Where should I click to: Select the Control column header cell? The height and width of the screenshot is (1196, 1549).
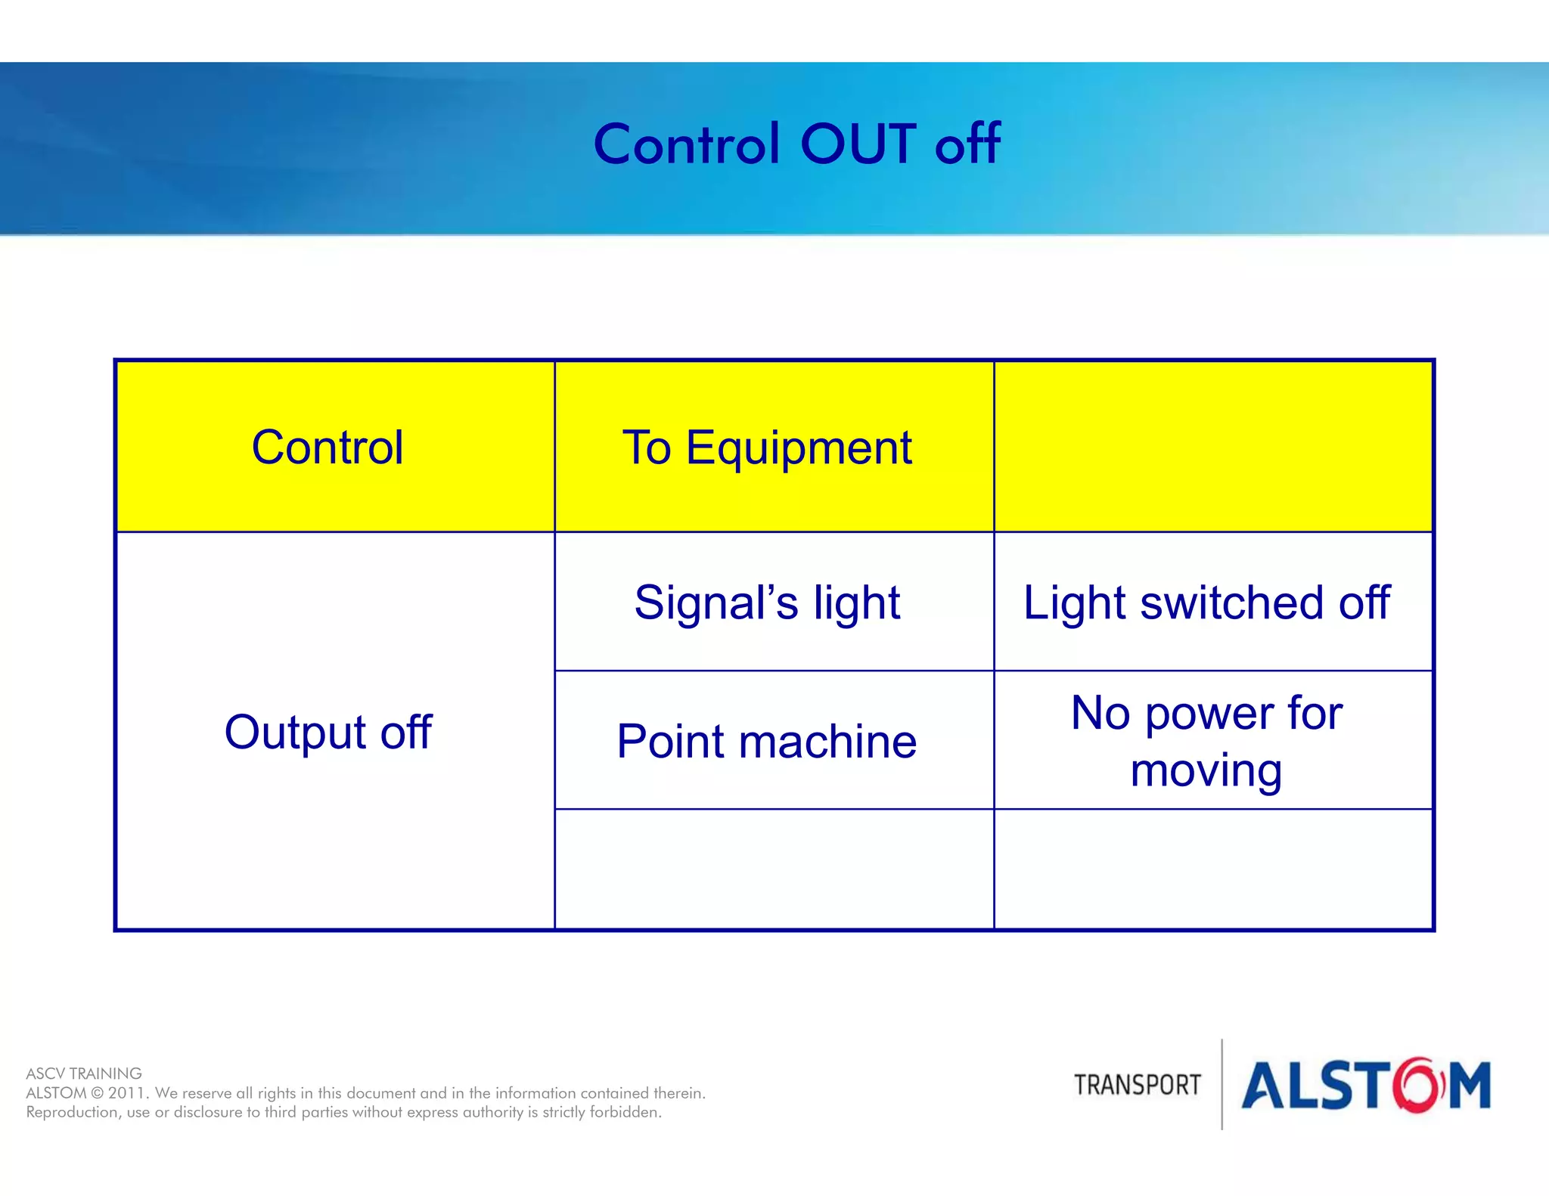tap(327, 447)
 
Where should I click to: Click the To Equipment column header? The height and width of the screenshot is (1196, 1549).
tap(767, 447)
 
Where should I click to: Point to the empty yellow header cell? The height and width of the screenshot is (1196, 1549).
tap(1213, 447)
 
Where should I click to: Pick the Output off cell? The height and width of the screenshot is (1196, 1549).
tap(327, 731)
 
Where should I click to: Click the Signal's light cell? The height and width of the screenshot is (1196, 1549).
tap(767, 603)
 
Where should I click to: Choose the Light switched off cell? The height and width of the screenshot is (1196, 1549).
tap(1206, 603)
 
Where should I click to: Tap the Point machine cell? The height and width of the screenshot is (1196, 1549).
tap(767, 741)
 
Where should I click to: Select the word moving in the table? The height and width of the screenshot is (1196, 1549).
tap(1206, 770)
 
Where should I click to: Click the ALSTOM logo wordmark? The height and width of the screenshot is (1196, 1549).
tap(1365, 1086)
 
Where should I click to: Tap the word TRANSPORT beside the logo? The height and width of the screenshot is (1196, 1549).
tap(1137, 1085)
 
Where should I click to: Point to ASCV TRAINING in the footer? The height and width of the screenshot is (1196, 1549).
tap(84, 1074)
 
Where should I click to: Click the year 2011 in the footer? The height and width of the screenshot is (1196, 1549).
tap(127, 1093)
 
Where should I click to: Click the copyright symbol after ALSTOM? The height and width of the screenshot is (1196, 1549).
tap(97, 1093)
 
